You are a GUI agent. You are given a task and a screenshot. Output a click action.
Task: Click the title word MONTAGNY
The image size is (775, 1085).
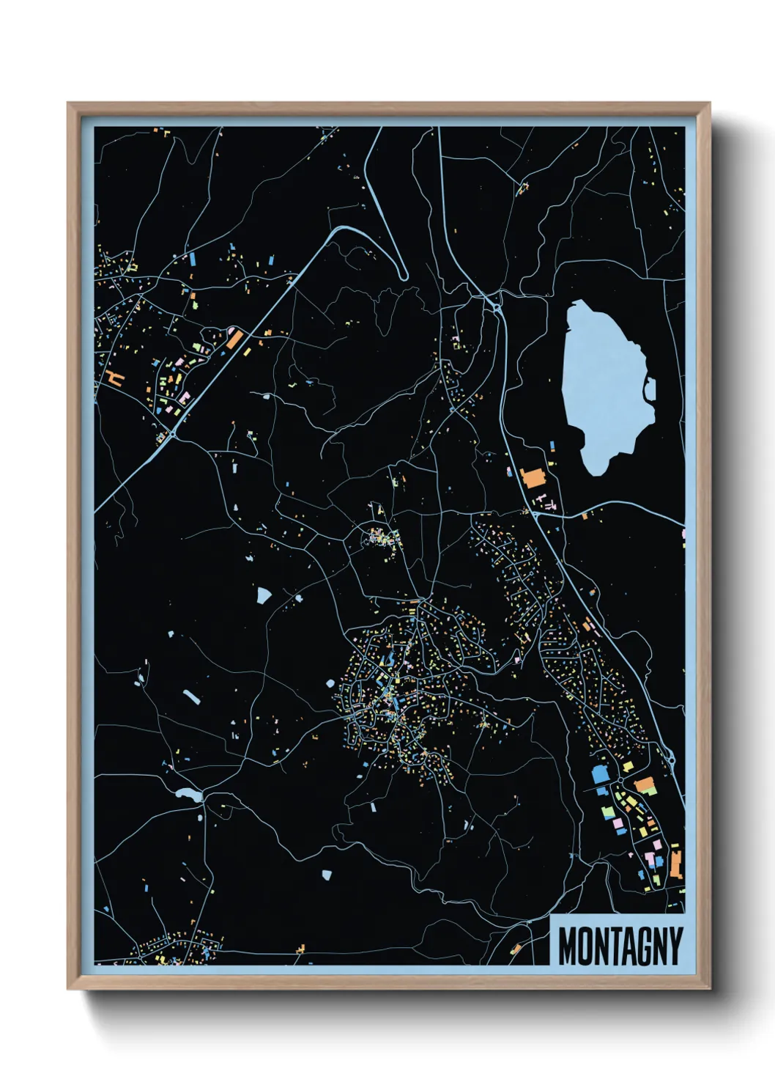pyautogui.click(x=620, y=946)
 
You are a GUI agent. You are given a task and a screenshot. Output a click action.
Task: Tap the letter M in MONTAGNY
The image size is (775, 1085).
pyautogui.click(x=567, y=946)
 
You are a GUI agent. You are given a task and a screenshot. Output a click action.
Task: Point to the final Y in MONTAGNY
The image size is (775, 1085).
pyautogui.click(x=675, y=946)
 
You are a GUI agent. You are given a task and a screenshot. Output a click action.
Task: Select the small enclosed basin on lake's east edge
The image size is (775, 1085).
pyautogui.click(x=650, y=390)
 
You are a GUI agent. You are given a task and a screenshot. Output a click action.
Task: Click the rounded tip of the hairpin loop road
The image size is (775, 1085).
pyautogui.click(x=402, y=276)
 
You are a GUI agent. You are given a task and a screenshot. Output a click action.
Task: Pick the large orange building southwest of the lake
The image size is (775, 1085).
pyautogui.click(x=533, y=477)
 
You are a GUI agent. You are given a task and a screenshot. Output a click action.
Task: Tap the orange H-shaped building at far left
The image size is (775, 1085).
pyautogui.click(x=114, y=378)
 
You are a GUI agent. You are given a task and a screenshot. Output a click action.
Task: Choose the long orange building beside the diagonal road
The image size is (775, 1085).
pyautogui.click(x=234, y=338)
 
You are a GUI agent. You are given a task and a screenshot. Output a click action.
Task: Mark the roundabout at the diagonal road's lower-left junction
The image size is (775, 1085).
pyautogui.click(x=173, y=434)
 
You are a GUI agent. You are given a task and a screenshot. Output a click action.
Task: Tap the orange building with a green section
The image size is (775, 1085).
pyautogui.click(x=645, y=786)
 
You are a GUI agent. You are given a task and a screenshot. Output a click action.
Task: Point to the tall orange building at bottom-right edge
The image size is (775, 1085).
pyautogui.click(x=676, y=863)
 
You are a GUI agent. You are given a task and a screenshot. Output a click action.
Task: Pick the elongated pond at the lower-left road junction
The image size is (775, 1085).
pyautogui.click(x=188, y=793)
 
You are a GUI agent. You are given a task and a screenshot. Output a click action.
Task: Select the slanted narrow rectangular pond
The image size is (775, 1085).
pyautogui.click(x=191, y=696)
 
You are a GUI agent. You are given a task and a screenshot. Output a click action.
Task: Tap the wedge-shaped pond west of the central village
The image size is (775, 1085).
pyautogui.click(x=263, y=595)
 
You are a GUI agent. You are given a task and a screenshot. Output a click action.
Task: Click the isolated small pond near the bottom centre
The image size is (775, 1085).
pyautogui.click(x=327, y=874)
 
